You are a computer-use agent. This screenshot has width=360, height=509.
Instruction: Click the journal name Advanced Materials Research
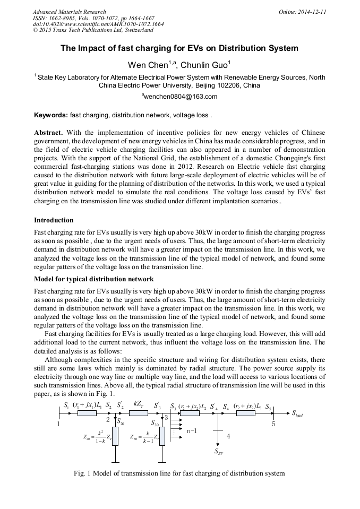coord(69,12)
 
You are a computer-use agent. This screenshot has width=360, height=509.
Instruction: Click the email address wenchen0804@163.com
coord(179,97)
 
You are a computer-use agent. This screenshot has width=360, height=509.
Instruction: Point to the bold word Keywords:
coord(50,115)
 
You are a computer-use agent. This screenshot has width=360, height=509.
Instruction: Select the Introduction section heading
coord(54,220)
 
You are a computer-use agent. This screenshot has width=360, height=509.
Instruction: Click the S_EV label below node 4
coord(219,452)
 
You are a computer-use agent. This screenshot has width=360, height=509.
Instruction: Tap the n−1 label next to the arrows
coord(192,431)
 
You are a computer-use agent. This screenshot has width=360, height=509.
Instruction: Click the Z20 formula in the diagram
coord(98,437)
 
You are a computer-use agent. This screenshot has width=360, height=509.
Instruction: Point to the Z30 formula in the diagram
coord(144,437)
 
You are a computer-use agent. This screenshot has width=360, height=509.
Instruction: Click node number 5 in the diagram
coord(273,424)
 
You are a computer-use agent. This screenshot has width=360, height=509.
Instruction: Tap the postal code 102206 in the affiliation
coord(232,85)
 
